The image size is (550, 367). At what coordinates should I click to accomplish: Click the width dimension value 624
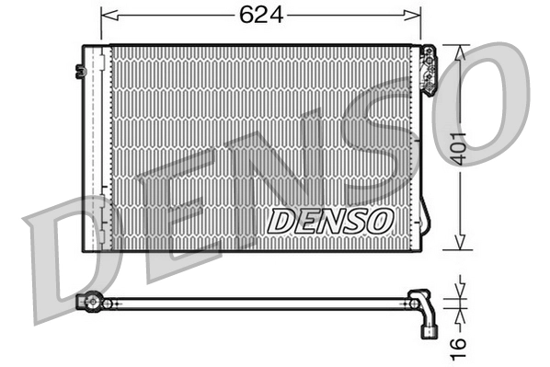(x=260, y=15)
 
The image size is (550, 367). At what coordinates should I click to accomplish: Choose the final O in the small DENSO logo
(x=383, y=221)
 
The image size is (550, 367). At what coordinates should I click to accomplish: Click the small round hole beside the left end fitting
(x=109, y=303)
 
